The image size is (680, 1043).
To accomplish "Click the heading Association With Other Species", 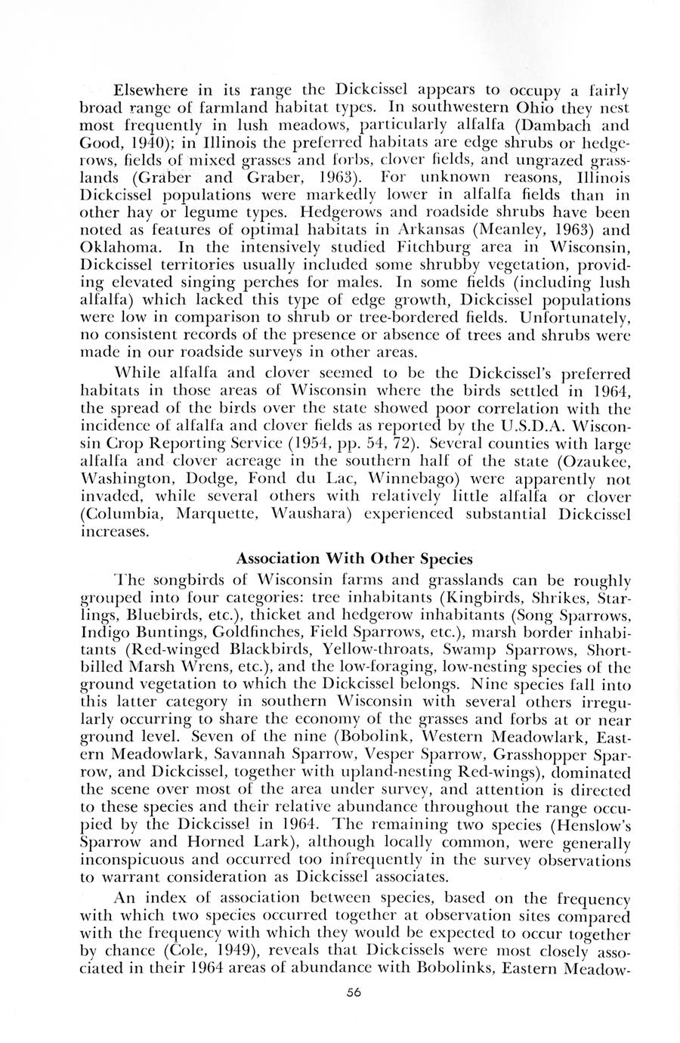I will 354,559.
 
